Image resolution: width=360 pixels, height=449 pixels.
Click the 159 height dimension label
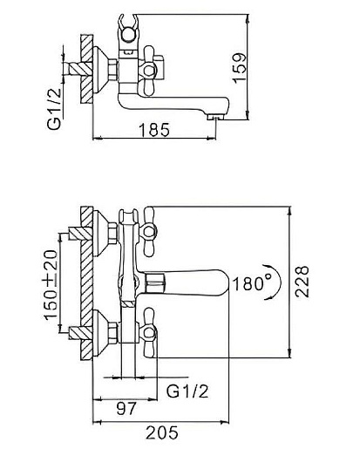point(240,68)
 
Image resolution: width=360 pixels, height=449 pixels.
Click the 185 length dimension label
point(154,130)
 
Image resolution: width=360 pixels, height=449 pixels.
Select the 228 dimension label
point(302,282)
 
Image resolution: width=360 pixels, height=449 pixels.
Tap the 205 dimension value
point(162,433)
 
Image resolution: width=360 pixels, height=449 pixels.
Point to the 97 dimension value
point(126,409)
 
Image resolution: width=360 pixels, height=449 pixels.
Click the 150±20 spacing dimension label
point(51,285)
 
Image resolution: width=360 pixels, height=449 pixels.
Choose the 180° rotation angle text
point(252,283)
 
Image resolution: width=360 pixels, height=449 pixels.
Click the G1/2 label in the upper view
point(55,108)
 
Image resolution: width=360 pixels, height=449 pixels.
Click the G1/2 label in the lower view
point(187,391)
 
